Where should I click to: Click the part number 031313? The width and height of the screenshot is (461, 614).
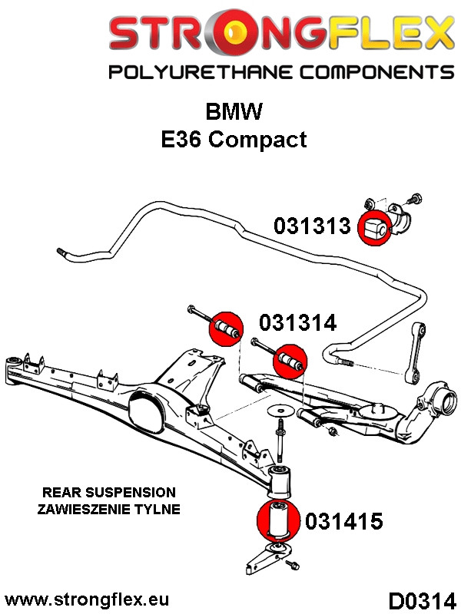(x=312, y=226)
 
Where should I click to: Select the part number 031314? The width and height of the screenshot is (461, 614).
(x=297, y=323)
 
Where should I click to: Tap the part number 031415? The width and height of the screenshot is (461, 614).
(x=343, y=522)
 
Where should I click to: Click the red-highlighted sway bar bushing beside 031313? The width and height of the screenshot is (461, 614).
(x=375, y=227)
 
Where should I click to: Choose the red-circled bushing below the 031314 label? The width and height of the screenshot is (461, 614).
(x=290, y=358)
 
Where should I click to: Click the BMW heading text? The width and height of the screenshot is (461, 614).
(x=234, y=112)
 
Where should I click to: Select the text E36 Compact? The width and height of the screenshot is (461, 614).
(x=233, y=139)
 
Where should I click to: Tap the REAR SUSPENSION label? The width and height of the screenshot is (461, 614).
(x=109, y=493)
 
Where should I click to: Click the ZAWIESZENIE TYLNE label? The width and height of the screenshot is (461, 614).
(x=108, y=509)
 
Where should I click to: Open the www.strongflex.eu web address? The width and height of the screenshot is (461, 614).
(x=87, y=598)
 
